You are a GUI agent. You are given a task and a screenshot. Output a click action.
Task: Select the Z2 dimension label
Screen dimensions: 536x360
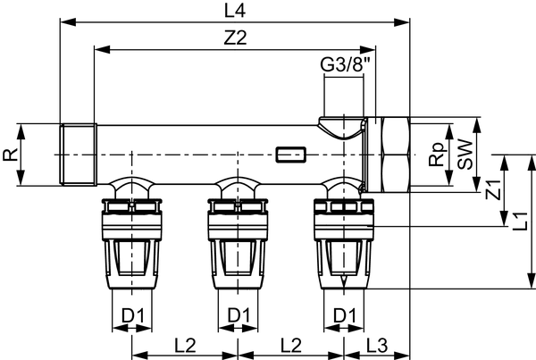click(x=235, y=38)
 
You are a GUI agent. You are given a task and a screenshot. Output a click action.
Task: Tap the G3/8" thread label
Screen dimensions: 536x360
click(x=345, y=64)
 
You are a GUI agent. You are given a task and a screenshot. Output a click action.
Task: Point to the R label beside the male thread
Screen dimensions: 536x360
click(x=10, y=155)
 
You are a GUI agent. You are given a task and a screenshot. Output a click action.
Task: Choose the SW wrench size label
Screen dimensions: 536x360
click(x=465, y=155)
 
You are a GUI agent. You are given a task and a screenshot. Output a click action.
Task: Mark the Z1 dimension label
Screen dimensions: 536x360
click(x=493, y=190)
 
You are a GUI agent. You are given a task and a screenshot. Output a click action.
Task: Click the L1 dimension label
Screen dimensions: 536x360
click(x=521, y=222)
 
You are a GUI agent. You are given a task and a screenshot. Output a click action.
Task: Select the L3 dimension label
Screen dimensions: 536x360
click(x=377, y=346)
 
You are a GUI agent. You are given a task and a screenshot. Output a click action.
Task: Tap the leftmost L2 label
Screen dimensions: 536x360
click(x=185, y=346)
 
